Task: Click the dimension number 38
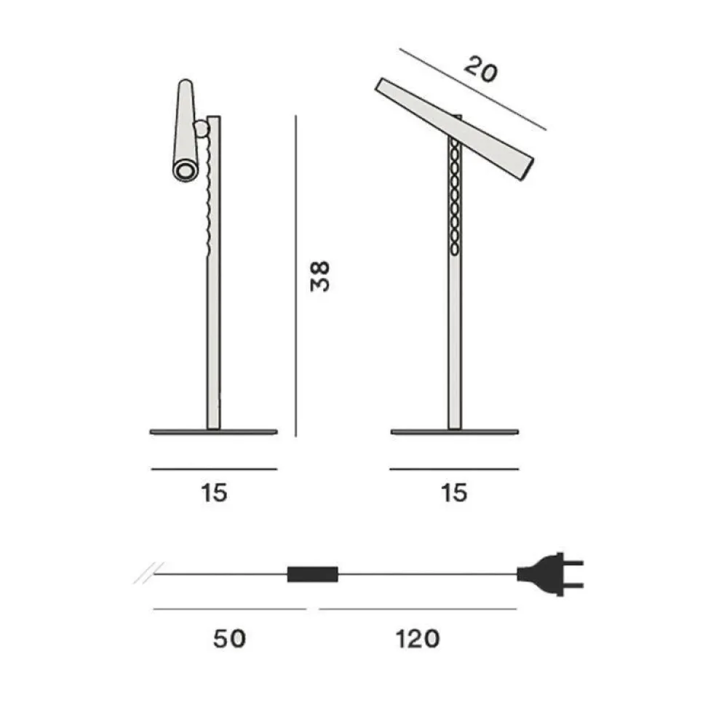coord(320,276)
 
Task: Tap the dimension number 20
coord(480,70)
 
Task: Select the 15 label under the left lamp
coord(215,493)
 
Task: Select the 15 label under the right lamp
coord(454,493)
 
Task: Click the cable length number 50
coord(230,639)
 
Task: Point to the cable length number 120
coord(418,639)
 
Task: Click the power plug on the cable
coord(549,573)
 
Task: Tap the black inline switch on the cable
coord(313,574)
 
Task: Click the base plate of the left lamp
coord(213,431)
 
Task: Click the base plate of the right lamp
coord(454,431)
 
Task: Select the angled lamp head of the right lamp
coord(455,127)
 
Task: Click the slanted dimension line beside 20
coord(473,90)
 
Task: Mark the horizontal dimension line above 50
coord(230,609)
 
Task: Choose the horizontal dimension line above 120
coord(418,609)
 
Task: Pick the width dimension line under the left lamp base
coord(214,469)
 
